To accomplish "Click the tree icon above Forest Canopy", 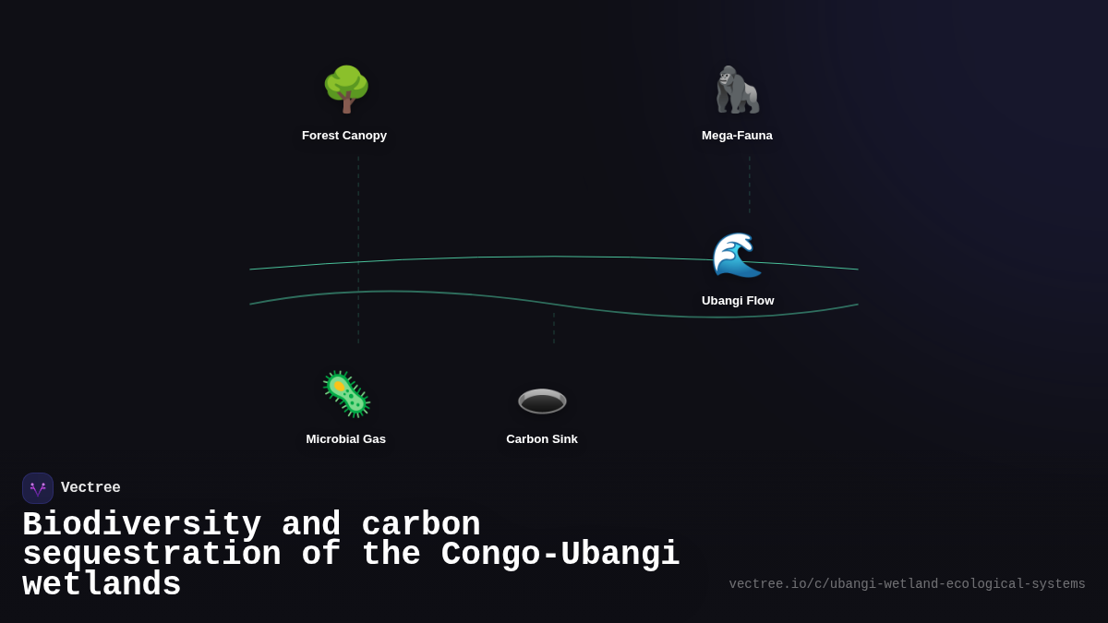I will tap(346, 90).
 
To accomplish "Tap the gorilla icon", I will tap(737, 90).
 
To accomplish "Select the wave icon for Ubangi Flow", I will tap(737, 255).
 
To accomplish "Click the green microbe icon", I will tap(346, 394).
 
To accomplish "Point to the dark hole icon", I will tap(542, 401).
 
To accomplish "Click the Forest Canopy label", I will tap(344, 136).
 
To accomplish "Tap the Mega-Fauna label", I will tap(737, 136).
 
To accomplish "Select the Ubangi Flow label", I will tap(738, 301).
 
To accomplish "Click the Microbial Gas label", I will tap(346, 439).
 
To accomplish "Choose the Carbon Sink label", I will tap(542, 439).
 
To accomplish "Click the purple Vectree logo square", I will tap(38, 488).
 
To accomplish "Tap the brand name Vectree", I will tap(90, 488).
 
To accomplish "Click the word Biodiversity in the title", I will tap(141, 524).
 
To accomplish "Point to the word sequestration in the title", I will tap(151, 555).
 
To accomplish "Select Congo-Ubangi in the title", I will tap(560, 555).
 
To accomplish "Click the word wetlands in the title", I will tap(102, 585).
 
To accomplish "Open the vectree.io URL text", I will tap(907, 584).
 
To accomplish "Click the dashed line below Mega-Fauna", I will tap(750, 185).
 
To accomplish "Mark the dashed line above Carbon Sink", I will tap(554, 328).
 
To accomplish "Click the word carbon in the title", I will tap(421, 524).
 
